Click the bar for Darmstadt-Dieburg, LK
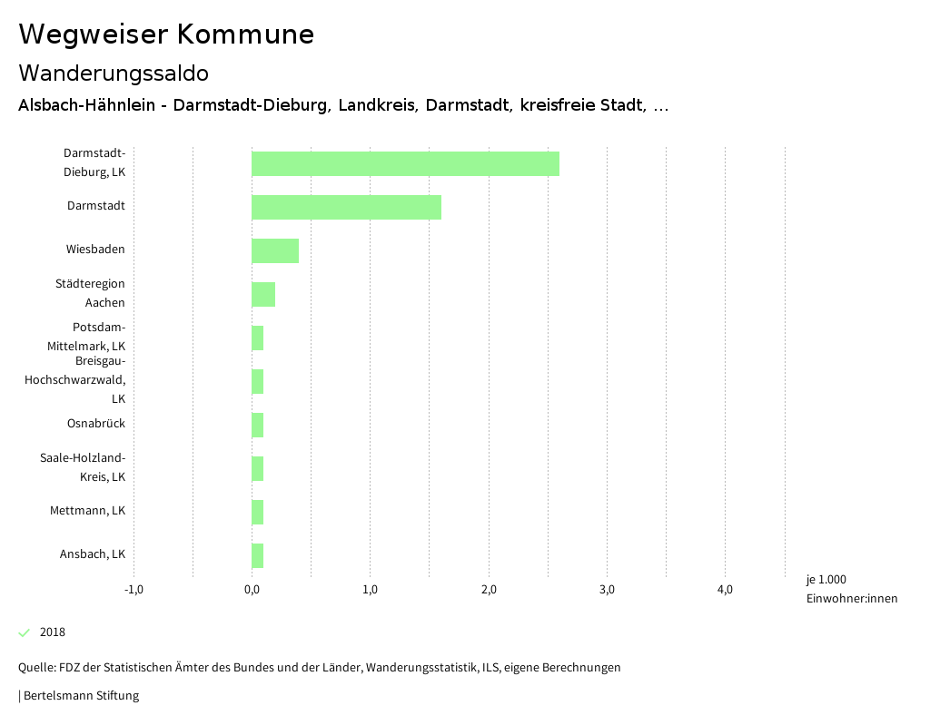click(405, 163)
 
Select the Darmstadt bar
click(346, 207)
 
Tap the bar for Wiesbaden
click(275, 250)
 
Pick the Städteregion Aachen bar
click(263, 294)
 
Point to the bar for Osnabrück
click(258, 425)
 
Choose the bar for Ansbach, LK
click(258, 555)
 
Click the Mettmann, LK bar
click(258, 512)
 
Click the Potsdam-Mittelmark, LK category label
click(87, 337)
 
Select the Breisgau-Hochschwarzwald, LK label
click(75, 380)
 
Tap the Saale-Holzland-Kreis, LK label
click(83, 467)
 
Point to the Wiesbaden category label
click(95, 250)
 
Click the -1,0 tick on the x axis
click(134, 590)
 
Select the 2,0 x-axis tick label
click(489, 590)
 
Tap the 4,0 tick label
click(725, 590)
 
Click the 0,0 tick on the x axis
click(252, 590)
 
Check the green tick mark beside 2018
click(25, 632)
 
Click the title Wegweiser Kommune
click(166, 34)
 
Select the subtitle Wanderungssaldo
click(114, 73)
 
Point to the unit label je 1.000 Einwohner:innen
click(851, 589)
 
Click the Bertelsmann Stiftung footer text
click(80, 696)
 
